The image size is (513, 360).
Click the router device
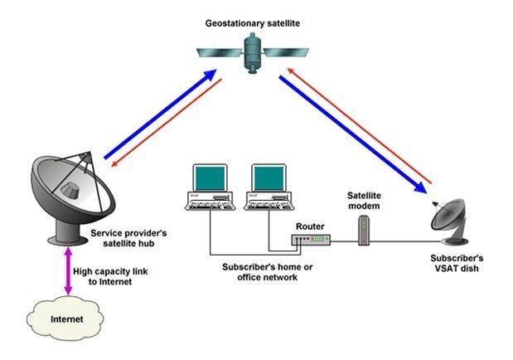point(311,241)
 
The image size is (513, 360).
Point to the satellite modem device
point(361,230)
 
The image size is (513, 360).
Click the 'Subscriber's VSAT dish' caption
point(457,264)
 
